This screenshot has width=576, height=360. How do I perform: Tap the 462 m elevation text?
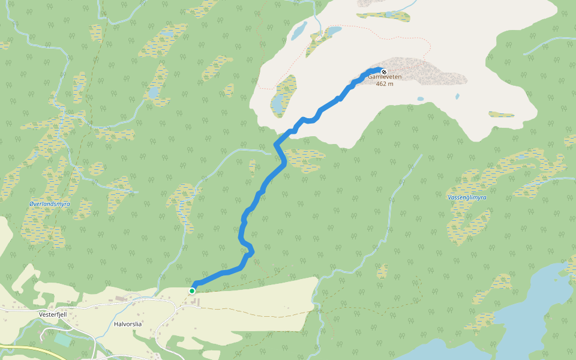385,84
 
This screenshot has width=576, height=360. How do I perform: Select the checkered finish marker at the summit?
384,72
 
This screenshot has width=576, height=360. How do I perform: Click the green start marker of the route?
192,291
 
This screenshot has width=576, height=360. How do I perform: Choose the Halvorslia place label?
128,324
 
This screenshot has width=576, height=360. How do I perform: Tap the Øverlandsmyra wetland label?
49,204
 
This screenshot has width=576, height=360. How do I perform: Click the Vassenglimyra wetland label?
467,197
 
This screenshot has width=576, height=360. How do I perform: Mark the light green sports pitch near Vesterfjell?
62,340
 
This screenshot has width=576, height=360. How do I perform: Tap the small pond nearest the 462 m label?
420,99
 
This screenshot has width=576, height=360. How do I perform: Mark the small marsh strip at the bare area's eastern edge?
501,114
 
